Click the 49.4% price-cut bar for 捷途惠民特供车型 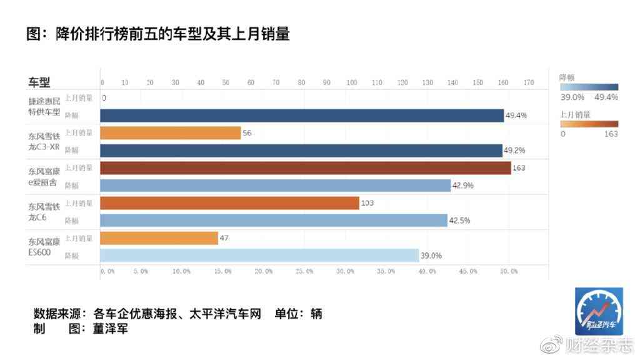pyautogui.click(x=302, y=116)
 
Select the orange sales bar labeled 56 pyautogui.click(x=170, y=133)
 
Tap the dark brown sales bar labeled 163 pyautogui.click(x=305, y=168)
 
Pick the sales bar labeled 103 pyautogui.click(x=229, y=203)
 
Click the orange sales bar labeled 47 pyautogui.click(x=159, y=238)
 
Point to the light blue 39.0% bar pyautogui.click(x=259, y=255)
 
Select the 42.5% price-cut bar pyautogui.click(x=273, y=220)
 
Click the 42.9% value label pyautogui.click(x=463, y=186)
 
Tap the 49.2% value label pyautogui.click(x=515, y=151)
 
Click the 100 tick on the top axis pyautogui.click(x=352, y=82)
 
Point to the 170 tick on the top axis pyautogui.click(x=529, y=82)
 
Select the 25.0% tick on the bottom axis pyautogui.click(x=304, y=271)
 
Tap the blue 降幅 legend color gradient pyautogui.click(x=589, y=87)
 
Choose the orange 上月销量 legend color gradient pyautogui.click(x=589, y=124)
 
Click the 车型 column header pyautogui.click(x=39, y=82)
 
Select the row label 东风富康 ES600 pyautogui.click(x=44, y=246)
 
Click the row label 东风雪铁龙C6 pyautogui.click(x=44, y=211)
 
